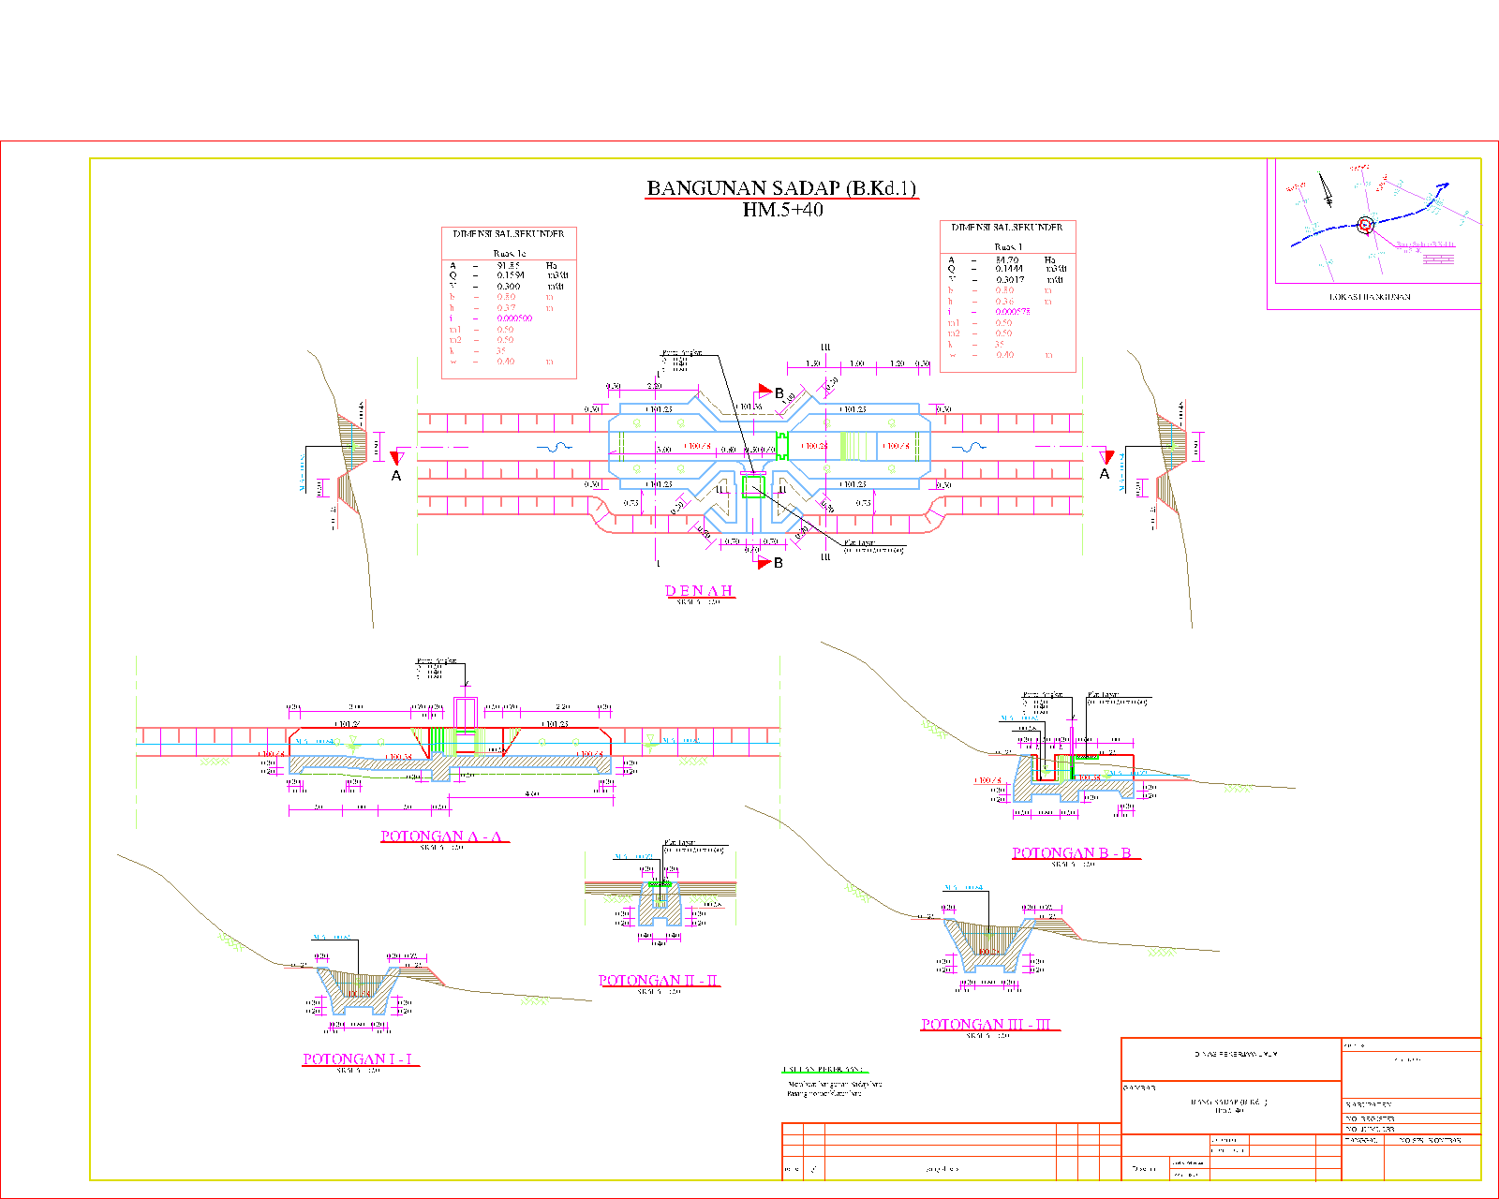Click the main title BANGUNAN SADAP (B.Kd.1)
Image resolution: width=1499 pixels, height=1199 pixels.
[x=781, y=188]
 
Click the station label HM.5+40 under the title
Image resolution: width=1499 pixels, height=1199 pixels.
[x=782, y=210]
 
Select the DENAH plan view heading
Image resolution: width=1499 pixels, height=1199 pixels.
[x=699, y=591]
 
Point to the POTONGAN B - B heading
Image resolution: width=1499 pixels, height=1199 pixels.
[x=1072, y=853]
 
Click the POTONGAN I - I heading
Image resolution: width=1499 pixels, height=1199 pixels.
[x=358, y=1059]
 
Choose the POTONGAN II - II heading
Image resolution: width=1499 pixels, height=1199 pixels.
[x=659, y=981]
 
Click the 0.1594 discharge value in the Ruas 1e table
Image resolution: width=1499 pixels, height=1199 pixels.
[x=511, y=275]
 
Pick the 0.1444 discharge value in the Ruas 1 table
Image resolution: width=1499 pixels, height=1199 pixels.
[x=1009, y=269]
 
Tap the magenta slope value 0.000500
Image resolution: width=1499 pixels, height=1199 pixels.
[x=514, y=318]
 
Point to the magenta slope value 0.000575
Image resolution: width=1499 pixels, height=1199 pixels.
[x=1013, y=312]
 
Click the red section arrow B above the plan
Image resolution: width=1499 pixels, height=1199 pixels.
[x=765, y=391]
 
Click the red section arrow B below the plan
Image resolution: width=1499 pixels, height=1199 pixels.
[x=765, y=562]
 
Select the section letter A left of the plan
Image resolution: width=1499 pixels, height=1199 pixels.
[x=396, y=476]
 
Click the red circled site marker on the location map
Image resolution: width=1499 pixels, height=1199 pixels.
[x=1365, y=225]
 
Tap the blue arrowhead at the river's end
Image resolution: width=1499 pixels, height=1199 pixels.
[x=1444, y=186]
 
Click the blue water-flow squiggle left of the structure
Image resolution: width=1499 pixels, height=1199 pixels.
[x=559, y=448]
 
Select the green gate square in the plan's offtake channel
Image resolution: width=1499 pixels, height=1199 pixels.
[x=752, y=486]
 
